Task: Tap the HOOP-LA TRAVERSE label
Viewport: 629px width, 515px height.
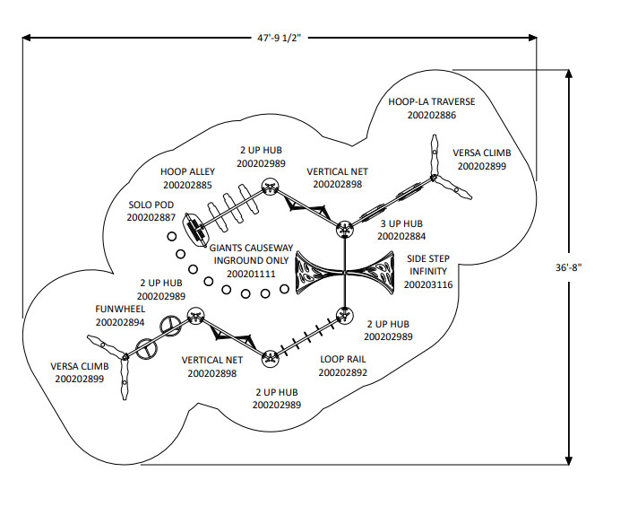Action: pyautogui.click(x=432, y=102)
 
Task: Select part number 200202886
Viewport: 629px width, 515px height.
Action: pyautogui.click(x=432, y=116)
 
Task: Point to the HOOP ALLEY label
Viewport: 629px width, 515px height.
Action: pyautogui.click(x=186, y=171)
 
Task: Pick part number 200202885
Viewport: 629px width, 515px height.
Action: pyautogui.click(x=188, y=185)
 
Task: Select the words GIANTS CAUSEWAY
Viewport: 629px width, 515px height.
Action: pyautogui.click(x=252, y=248)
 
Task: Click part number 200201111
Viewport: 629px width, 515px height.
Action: pyautogui.click(x=251, y=274)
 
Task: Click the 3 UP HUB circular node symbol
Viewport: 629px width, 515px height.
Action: pyautogui.click(x=346, y=230)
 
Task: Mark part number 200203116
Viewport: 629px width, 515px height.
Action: pyautogui.click(x=428, y=284)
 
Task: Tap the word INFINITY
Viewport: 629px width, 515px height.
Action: pyautogui.click(x=428, y=271)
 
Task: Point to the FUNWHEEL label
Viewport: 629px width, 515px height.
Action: pyautogui.click(x=120, y=309)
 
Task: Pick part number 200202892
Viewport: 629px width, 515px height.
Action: pyautogui.click(x=342, y=372)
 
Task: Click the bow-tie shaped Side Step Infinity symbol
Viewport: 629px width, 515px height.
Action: pyautogui.click(x=346, y=273)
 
